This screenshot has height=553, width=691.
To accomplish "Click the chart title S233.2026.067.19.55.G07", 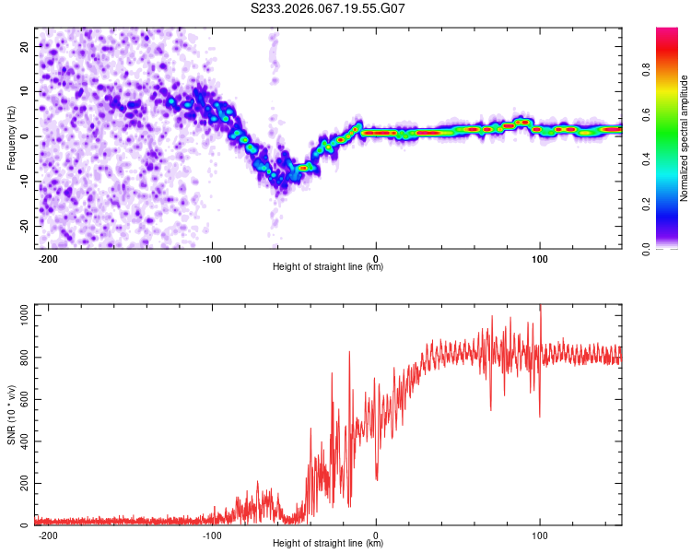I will click(329, 10).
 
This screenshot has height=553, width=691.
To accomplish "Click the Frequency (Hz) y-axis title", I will click(12, 138).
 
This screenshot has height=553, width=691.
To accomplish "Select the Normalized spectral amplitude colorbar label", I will click(685, 138).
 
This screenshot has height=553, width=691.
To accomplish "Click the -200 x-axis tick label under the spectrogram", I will click(49, 257).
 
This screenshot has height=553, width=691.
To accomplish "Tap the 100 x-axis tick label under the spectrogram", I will click(539, 257).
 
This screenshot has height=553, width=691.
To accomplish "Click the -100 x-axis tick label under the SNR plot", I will click(212, 534).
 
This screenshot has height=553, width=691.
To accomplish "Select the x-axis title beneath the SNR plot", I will click(328, 544).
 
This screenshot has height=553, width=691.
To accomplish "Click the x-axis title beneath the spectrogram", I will click(328, 267).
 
